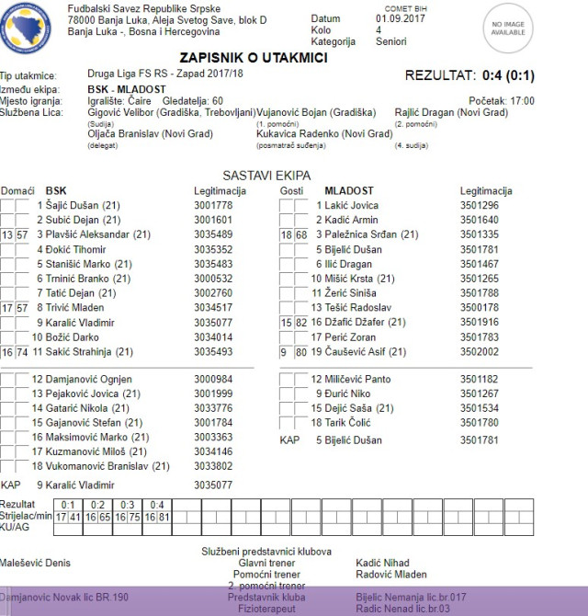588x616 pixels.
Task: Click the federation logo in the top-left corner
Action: coord(28,28)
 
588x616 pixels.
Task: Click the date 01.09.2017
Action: coord(401,18)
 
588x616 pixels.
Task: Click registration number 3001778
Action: coord(214,205)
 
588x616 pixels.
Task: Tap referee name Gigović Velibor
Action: coord(124,112)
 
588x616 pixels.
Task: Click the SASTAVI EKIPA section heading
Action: coord(266,175)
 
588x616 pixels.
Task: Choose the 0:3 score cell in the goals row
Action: coord(128,504)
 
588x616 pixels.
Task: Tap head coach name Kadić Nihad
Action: coord(382,563)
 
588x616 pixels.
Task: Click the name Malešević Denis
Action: coord(35,563)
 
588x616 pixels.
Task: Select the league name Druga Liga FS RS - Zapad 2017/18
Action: coord(166,74)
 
